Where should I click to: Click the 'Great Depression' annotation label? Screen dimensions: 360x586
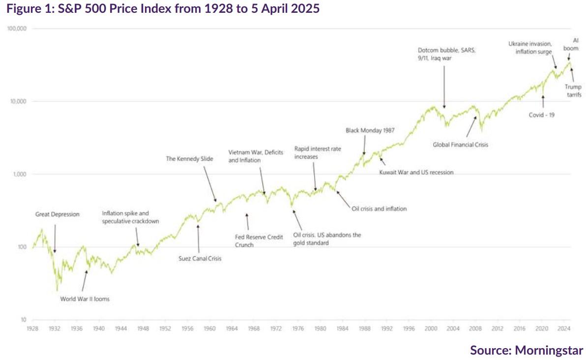(57, 214)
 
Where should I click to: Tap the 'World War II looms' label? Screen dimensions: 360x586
(85, 299)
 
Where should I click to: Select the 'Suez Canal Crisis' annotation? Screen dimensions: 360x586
(200, 258)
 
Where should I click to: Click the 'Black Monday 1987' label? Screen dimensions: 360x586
(371, 131)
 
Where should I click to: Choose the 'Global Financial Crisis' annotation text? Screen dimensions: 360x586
(460, 145)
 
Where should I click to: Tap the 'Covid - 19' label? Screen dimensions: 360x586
(541, 116)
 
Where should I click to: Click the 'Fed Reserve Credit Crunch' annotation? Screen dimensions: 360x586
(259, 241)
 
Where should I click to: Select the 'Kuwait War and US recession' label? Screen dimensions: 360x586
(416, 172)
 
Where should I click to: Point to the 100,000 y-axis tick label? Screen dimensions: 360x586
(17, 29)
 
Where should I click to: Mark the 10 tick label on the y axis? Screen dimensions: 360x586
(23, 320)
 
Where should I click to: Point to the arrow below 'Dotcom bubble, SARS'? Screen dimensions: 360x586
(444, 86)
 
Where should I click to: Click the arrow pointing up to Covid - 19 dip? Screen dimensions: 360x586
(543, 101)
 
